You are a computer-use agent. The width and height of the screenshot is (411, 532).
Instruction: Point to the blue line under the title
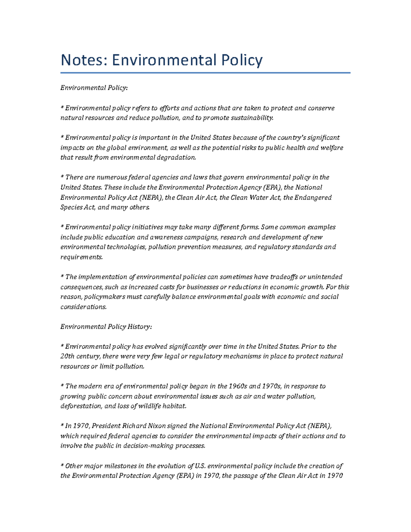(x=205, y=73)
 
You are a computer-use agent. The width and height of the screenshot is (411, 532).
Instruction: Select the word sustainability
(x=252, y=118)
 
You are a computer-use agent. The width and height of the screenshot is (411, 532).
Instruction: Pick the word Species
(x=71, y=208)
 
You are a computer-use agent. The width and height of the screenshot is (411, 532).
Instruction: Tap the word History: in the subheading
(x=140, y=327)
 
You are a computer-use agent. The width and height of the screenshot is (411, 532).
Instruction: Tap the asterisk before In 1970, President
(x=62, y=425)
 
